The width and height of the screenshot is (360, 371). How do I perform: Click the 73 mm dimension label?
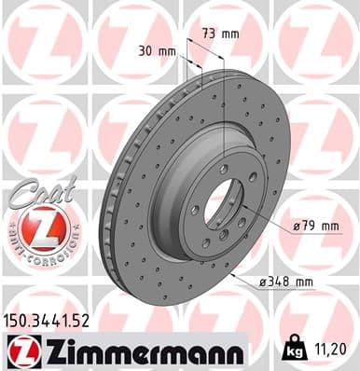coord(220,34)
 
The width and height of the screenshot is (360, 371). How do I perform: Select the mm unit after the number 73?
coord(229,34)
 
